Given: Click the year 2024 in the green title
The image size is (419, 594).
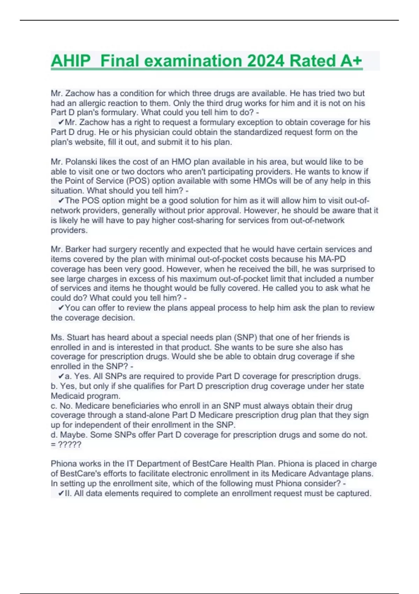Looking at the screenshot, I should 266,61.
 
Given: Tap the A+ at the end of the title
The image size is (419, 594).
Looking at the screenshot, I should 351,61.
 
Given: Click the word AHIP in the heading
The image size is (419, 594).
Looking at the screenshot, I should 71,61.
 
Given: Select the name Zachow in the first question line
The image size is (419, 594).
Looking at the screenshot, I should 80,93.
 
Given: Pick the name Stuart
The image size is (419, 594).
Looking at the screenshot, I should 78,338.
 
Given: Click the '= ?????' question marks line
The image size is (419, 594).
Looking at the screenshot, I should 66,444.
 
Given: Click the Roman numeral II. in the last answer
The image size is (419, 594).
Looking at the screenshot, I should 68,493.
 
